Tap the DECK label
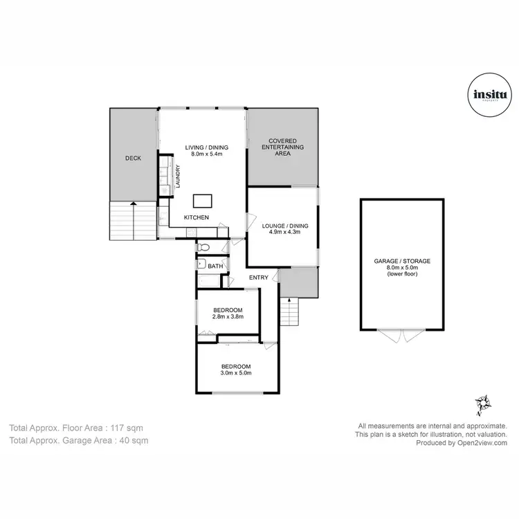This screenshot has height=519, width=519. pos(133,158)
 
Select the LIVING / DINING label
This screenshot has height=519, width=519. pos(206,147)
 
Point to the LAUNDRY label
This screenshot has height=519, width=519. pos(178,176)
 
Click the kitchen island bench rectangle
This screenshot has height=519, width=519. pos(203,201)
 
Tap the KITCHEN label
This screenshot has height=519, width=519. pos(196,218)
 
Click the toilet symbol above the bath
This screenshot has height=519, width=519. pos(202,247)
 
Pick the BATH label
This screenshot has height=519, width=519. pos(215,266)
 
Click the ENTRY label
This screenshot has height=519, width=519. pos(259,277)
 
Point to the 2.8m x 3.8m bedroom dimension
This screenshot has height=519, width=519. pos(227,317)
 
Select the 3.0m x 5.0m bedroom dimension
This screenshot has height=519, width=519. pos(235,374)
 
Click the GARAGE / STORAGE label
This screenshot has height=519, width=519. pos(402,261)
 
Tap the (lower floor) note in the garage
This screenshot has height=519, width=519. pos(402,274)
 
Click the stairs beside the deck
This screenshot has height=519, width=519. pos(131,221)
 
